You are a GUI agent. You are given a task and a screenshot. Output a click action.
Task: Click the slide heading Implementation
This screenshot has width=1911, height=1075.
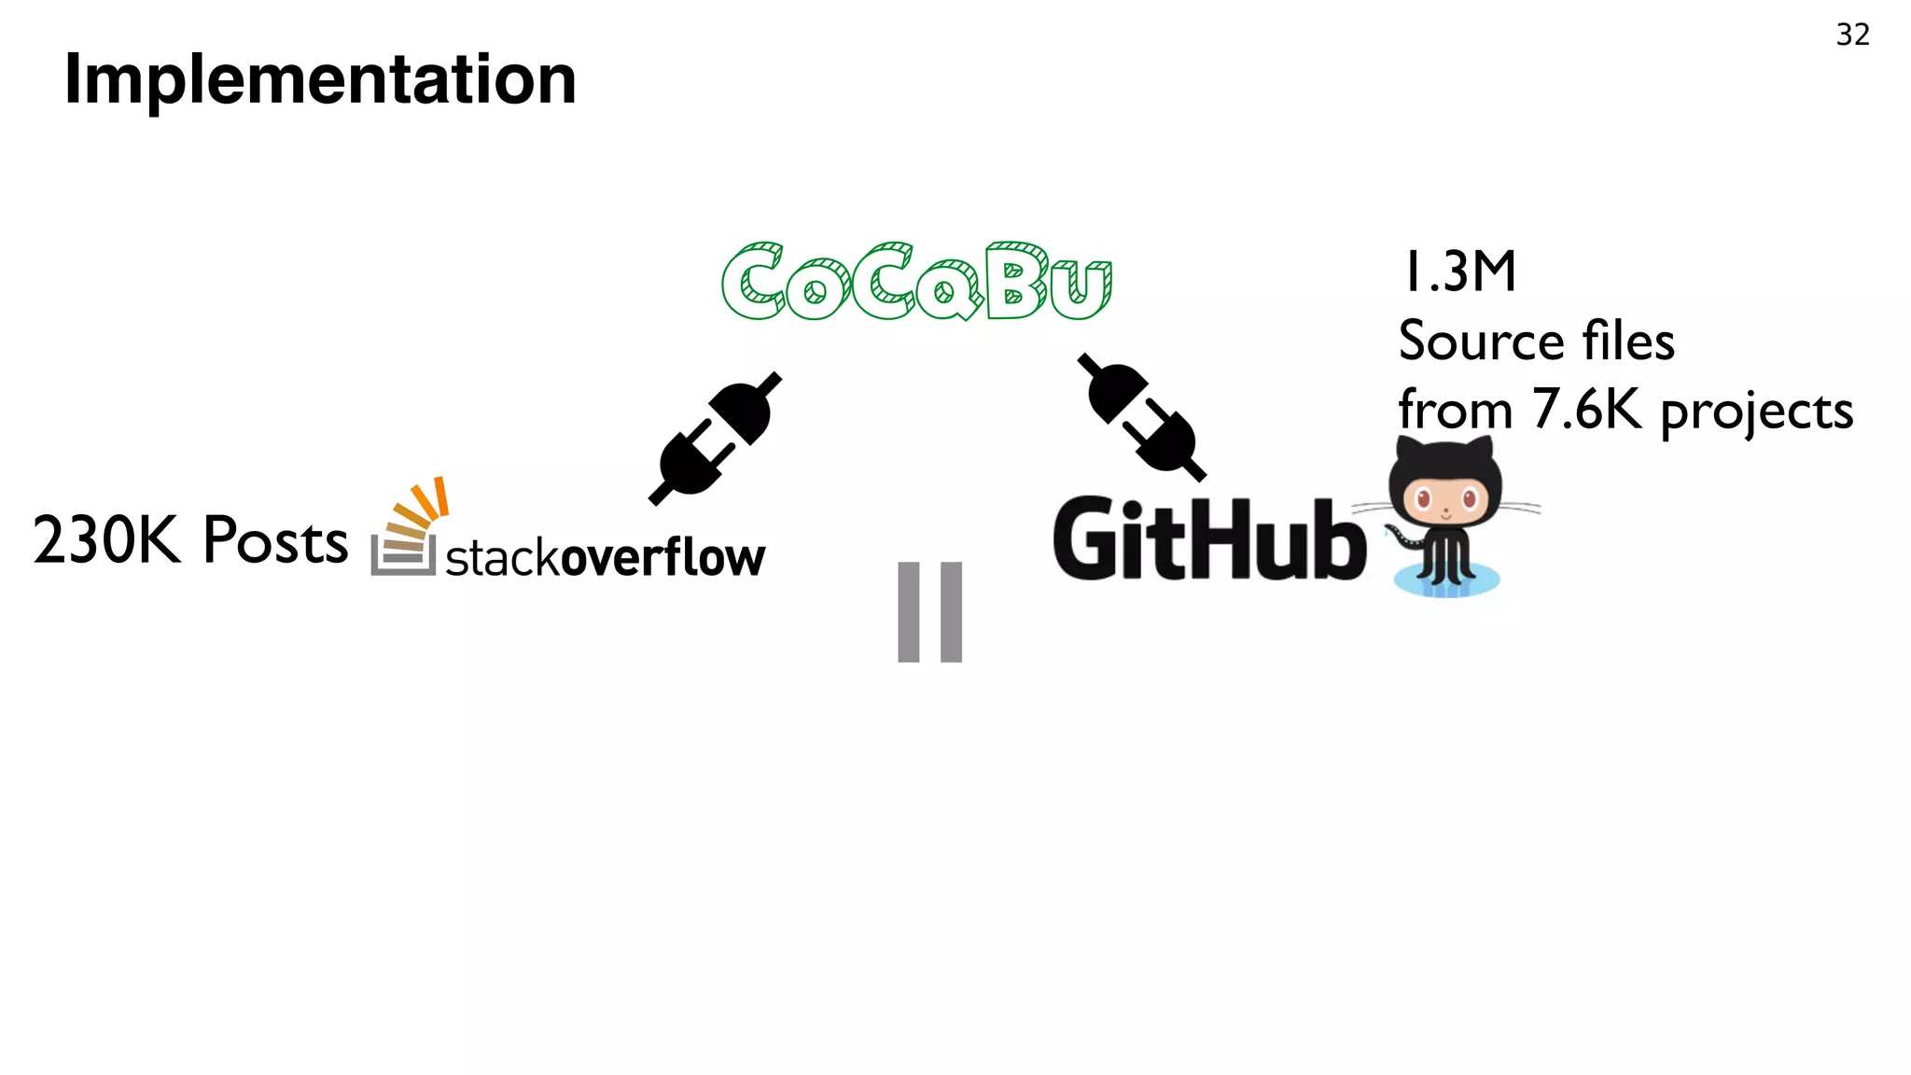[x=320, y=79]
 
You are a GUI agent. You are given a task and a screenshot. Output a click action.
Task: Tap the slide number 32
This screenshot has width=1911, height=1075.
[x=1852, y=35]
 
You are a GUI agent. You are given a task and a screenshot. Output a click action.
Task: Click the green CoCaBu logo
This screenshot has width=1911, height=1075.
[x=916, y=281]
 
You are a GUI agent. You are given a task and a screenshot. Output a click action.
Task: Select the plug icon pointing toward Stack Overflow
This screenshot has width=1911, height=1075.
[x=716, y=439]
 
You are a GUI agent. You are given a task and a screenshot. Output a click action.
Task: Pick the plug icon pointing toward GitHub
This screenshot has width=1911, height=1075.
[x=1141, y=416]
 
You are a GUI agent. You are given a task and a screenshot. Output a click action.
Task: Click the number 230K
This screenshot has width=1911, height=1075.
[x=106, y=540]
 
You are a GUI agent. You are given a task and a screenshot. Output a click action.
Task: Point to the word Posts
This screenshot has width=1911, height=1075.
[x=275, y=540]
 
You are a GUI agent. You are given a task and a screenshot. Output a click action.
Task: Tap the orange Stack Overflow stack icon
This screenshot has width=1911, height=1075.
[x=408, y=528]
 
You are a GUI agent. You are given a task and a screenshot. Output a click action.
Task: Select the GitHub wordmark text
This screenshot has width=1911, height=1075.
[x=1209, y=539]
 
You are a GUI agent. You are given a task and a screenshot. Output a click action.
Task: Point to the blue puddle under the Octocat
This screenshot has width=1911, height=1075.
[x=1446, y=581]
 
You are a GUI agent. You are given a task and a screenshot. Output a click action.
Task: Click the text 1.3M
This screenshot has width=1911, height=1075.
[x=1458, y=272]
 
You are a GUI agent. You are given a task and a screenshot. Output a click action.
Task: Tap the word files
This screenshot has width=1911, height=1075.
[x=1628, y=341]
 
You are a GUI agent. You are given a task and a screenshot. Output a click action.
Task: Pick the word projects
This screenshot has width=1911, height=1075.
[x=1756, y=412]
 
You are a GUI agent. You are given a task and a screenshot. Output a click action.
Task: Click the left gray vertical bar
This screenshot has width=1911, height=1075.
[x=909, y=612]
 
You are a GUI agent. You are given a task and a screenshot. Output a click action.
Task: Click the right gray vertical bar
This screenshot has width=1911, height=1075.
[x=951, y=612]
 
